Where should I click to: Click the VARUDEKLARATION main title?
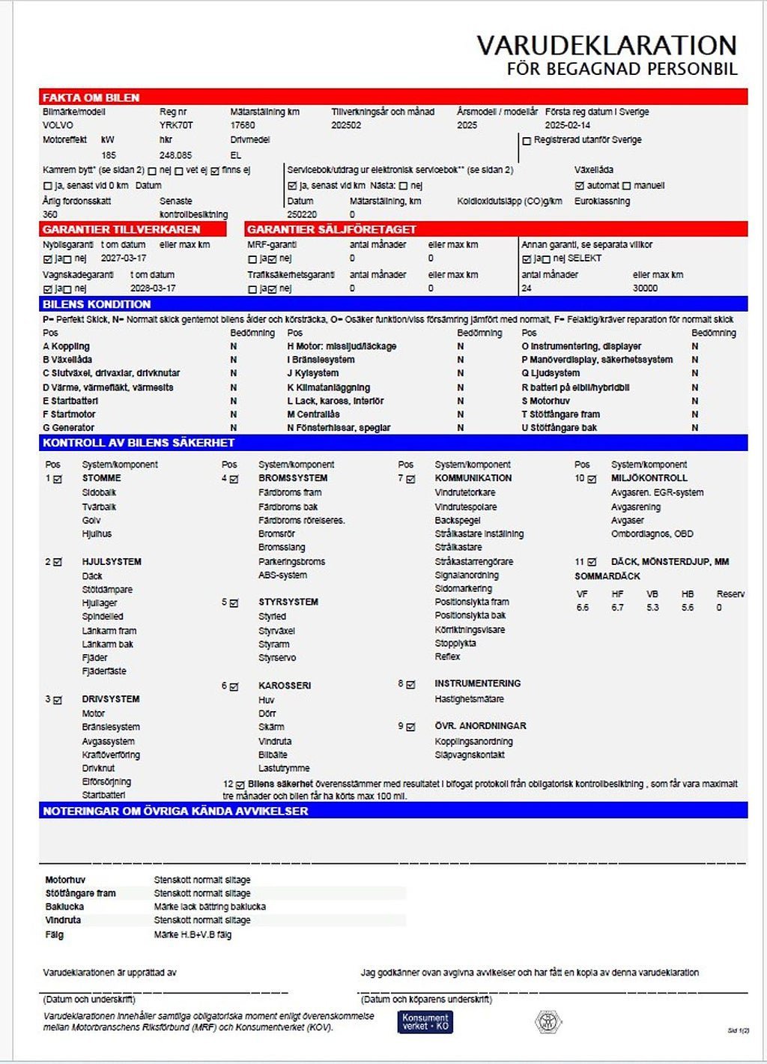point(607,46)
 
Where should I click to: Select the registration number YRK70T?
point(176,126)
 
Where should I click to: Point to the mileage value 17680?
point(243,126)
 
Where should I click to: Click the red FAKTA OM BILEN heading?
point(91,97)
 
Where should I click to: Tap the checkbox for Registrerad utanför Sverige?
point(527,141)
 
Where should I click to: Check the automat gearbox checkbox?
point(579,186)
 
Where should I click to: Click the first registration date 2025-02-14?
point(567,126)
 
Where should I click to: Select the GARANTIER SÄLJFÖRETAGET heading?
point(331,229)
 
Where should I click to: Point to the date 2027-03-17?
point(124,259)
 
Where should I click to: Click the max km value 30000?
point(645,288)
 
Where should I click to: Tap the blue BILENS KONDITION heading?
point(97,304)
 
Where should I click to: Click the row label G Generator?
point(69,428)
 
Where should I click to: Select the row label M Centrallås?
point(313,414)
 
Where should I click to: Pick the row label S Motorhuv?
point(545,401)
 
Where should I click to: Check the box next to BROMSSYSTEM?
point(234,479)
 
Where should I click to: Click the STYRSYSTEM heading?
point(288,602)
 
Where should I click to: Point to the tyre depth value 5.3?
point(652,608)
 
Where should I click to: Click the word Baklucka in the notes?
point(64,907)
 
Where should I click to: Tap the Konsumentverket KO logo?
point(425,1022)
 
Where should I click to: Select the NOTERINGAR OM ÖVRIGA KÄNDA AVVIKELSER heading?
point(175,811)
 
